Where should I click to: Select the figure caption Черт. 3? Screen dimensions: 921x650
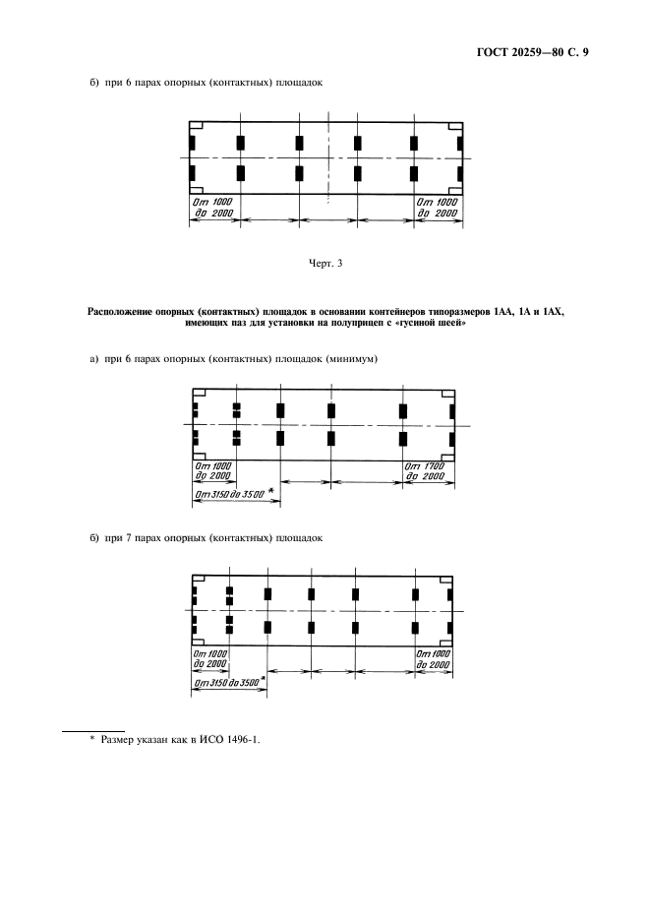point(325,263)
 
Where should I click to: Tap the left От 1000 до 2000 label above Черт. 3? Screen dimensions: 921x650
point(211,208)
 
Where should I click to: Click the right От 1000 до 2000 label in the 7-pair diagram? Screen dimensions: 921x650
point(433,659)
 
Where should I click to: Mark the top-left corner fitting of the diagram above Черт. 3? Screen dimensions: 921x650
point(196,126)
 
